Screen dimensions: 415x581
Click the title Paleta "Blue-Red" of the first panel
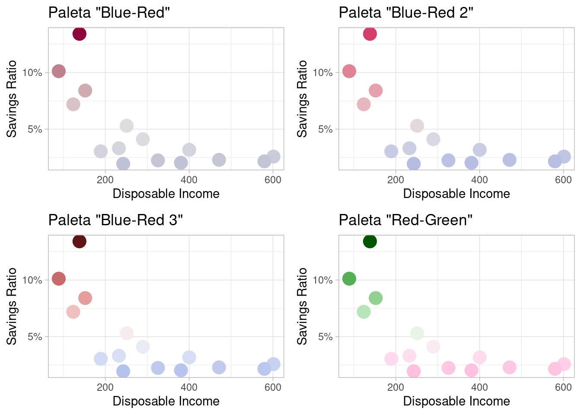click(x=109, y=13)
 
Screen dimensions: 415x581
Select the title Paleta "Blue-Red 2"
click(x=406, y=13)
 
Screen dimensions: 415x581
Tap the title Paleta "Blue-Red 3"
click(x=115, y=220)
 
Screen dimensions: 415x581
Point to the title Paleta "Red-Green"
click(x=405, y=220)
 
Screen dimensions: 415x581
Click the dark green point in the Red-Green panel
click(x=370, y=241)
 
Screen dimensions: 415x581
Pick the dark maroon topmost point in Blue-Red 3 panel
click(x=79, y=241)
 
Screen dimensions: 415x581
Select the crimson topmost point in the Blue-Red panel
click(x=79, y=34)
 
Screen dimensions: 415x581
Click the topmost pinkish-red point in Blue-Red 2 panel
click(x=370, y=34)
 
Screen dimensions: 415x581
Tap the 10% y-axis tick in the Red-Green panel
click(x=323, y=280)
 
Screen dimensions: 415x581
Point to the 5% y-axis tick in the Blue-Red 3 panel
click(x=35, y=337)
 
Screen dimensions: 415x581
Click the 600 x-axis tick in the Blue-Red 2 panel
click(x=563, y=180)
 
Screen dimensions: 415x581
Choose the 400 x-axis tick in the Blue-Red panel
click(x=189, y=180)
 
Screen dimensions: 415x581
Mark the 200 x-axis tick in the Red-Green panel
click(x=396, y=387)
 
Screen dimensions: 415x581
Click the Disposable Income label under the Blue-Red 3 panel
click(x=166, y=401)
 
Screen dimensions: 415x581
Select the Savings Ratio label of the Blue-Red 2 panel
click(x=302, y=99)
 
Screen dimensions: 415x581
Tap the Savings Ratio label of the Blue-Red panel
click(x=12, y=99)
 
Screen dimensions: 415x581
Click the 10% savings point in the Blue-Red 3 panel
click(x=59, y=278)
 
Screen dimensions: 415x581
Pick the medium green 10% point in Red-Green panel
click(x=349, y=278)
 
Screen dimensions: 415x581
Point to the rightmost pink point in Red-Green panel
click(x=564, y=364)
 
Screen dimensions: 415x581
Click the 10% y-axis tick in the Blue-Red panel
click(x=32, y=73)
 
